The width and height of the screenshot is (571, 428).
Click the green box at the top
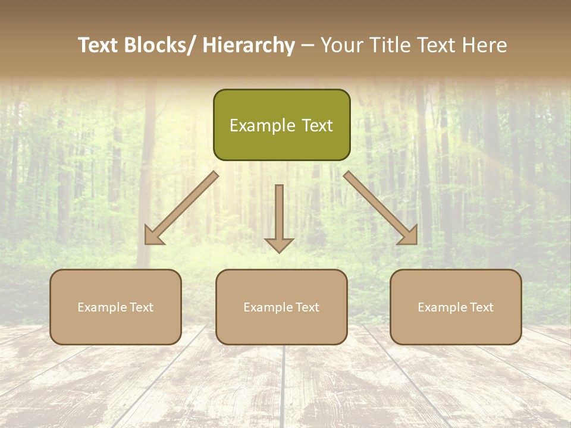pyautogui.click(x=281, y=125)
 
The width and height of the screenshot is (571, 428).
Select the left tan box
pyautogui.click(x=115, y=307)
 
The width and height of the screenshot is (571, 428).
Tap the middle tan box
pyautogui.click(x=281, y=307)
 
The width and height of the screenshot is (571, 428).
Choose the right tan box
pyautogui.click(x=456, y=307)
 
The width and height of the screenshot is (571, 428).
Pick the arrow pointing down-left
pyautogui.click(x=181, y=208)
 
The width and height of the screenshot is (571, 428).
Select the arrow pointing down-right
pyautogui.click(x=381, y=208)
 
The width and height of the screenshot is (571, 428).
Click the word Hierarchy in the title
pyautogui.click(x=249, y=46)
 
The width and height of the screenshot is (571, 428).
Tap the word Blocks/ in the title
pyautogui.click(x=158, y=46)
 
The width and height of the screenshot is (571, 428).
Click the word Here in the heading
pyautogui.click(x=486, y=46)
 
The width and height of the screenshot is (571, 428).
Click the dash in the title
pyautogui.click(x=308, y=46)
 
